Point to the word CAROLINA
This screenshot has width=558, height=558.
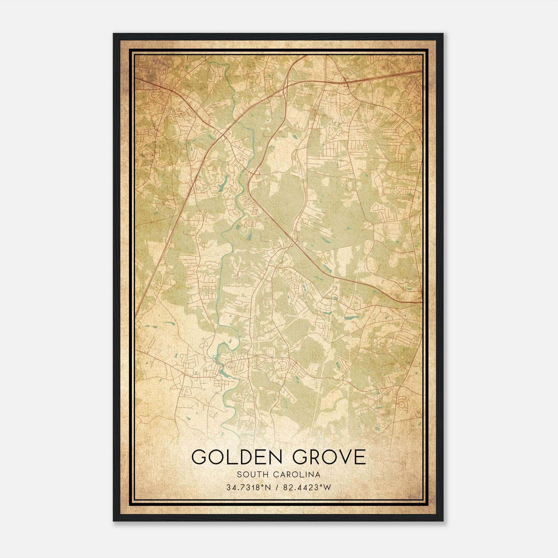pos(299,475)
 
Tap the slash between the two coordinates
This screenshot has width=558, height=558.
pos(276,488)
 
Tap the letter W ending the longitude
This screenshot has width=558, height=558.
pos(327,488)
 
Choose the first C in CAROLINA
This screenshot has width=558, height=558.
pos(280,475)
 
